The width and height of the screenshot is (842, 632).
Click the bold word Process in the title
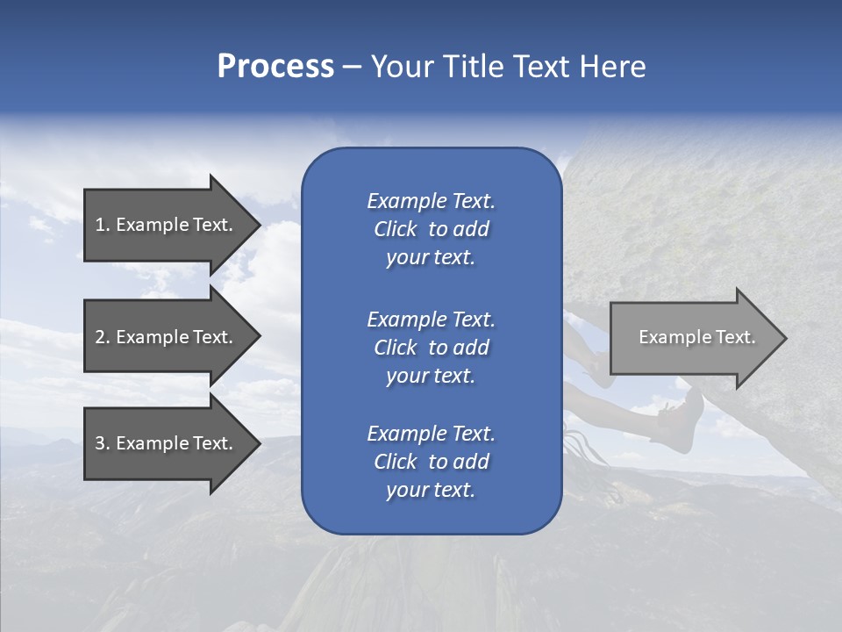(x=275, y=67)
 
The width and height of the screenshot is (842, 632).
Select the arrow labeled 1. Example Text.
(x=167, y=225)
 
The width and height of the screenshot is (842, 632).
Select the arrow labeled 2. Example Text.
(x=167, y=337)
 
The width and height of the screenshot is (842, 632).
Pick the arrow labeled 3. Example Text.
(x=167, y=443)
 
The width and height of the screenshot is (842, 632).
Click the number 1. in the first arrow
(x=103, y=225)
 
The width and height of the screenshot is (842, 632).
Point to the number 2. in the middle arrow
(x=103, y=337)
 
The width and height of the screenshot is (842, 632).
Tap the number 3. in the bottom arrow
(x=103, y=443)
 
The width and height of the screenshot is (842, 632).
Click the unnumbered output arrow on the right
(x=693, y=337)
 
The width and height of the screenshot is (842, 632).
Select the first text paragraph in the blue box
(x=431, y=229)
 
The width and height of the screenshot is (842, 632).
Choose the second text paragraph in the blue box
(x=431, y=348)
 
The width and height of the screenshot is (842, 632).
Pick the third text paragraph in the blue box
(x=431, y=462)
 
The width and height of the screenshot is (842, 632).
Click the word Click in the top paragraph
(x=395, y=229)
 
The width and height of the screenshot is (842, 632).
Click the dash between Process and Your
(x=353, y=68)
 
